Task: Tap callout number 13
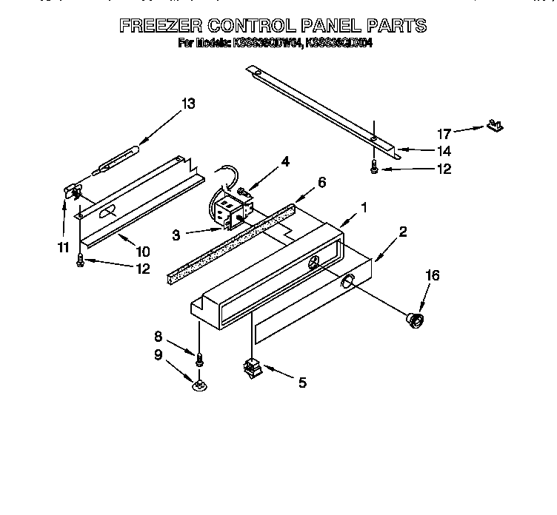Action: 188,104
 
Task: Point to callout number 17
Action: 444,134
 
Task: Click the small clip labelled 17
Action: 494,127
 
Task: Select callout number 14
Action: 444,151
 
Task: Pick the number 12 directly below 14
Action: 444,169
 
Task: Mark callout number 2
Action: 402,232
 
